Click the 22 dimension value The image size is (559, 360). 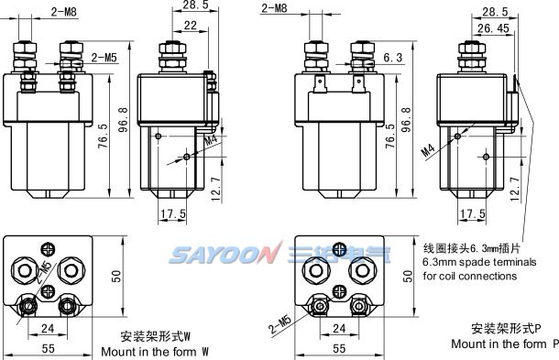[x=191, y=26]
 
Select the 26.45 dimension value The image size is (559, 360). [x=493, y=28]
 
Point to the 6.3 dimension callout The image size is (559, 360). [x=393, y=58]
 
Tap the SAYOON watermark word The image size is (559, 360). [x=224, y=255]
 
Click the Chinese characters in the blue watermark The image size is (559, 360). [x=339, y=255]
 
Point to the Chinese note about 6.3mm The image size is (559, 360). [x=472, y=248]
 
